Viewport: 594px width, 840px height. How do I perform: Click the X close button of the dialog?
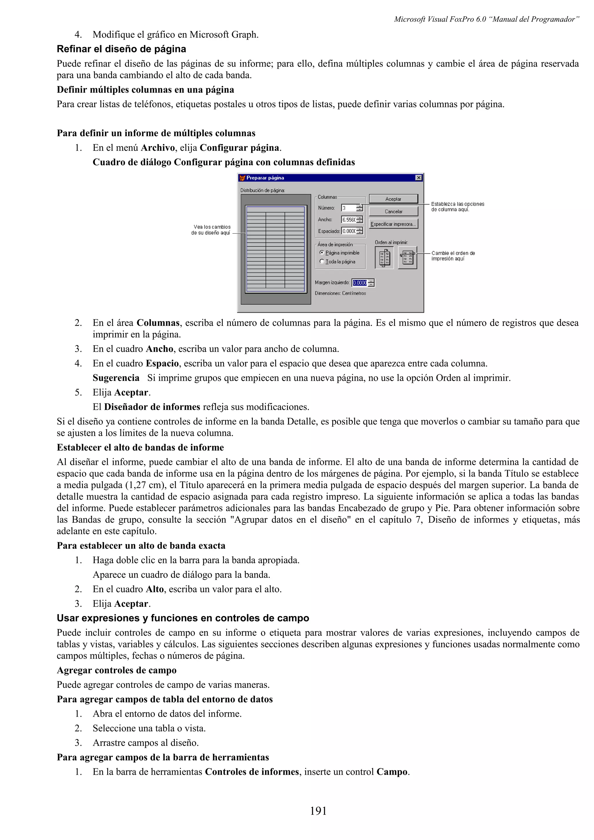(419, 178)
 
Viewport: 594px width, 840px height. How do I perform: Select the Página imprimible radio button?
(322, 252)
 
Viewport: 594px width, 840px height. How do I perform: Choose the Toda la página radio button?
(322, 261)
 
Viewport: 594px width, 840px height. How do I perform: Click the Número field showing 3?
(348, 208)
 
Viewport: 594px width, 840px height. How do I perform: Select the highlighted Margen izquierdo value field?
(359, 283)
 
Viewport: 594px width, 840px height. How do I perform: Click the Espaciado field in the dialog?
(348, 231)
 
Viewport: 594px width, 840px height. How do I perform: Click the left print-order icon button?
(384, 258)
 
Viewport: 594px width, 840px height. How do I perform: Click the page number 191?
(318, 811)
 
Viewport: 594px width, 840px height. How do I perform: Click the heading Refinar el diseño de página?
(121, 49)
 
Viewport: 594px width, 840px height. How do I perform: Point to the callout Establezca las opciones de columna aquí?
(457, 207)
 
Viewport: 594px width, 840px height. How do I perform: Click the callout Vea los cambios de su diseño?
(211, 230)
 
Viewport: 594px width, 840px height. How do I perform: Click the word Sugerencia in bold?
(116, 378)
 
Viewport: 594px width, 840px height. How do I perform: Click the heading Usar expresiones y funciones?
(183, 618)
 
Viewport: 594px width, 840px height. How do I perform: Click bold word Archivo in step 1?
(158, 148)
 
